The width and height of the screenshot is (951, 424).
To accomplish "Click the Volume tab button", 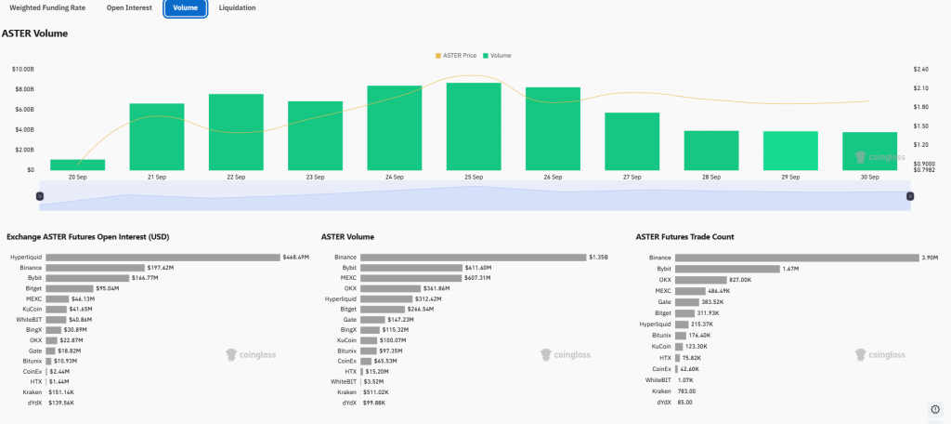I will point(186,8).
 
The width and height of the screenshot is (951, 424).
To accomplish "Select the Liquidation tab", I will point(237,8).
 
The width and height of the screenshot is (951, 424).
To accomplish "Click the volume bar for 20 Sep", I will point(77,165).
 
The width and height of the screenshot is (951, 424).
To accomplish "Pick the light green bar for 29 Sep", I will point(790,151).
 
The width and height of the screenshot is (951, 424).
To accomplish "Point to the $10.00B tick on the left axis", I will point(23,69).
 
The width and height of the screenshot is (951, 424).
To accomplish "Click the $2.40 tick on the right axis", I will point(921,69).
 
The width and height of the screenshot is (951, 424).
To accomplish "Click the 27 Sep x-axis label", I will point(632,177).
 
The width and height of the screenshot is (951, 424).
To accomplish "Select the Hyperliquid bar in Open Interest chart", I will point(163,257).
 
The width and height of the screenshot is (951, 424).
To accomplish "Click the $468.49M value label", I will point(296,257).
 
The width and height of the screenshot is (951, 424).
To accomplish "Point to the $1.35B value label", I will point(600,257).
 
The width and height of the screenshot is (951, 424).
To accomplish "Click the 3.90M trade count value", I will point(931,257).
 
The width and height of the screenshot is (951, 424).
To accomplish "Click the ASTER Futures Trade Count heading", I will point(684,237).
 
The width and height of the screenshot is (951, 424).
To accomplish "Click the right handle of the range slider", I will point(910,195).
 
